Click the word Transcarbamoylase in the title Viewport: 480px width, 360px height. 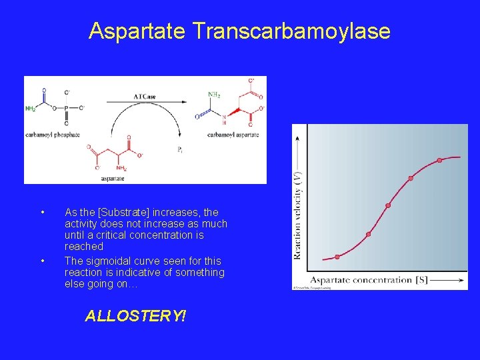tap(291, 31)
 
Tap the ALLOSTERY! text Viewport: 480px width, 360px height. tap(135, 316)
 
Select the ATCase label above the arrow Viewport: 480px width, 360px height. tap(145, 97)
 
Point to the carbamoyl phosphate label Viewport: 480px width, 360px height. tap(52, 135)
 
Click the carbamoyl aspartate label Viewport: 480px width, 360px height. tap(233, 135)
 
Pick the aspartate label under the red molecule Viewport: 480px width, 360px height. tap(112, 178)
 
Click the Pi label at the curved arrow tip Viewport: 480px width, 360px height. tap(180, 150)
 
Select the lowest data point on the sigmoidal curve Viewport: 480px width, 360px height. tap(337, 257)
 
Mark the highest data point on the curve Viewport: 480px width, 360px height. tap(439, 160)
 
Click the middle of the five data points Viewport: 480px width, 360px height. tap(388, 205)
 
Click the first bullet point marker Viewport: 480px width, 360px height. tap(42, 213)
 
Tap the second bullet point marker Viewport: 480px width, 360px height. tap(42, 261)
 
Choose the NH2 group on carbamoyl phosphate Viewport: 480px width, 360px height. tap(31, 108)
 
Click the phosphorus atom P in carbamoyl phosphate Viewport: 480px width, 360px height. tap(66, 107)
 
